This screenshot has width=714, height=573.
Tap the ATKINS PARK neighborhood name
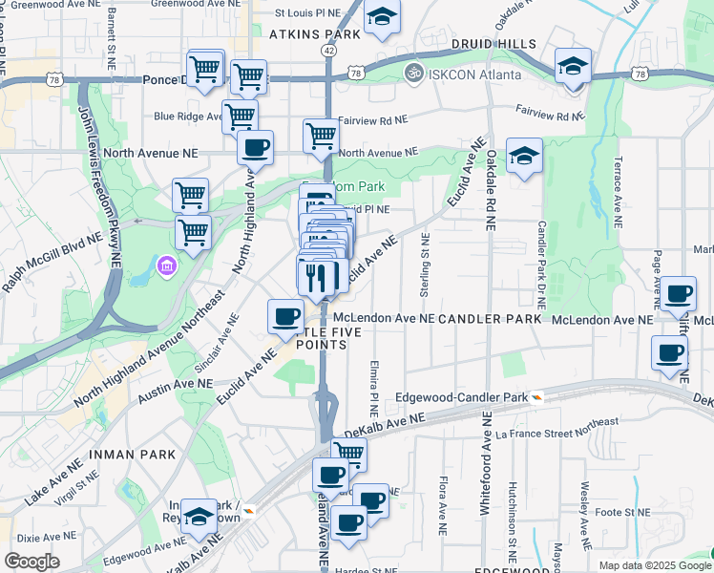click(x=314, y=33)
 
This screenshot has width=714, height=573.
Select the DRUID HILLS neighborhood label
click(x=497, y=44)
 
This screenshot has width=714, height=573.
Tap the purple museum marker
click(x=168, y=265)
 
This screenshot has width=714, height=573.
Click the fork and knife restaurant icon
click(x=318, y=277)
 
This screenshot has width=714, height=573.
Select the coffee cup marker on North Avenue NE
click(x=255, y=148)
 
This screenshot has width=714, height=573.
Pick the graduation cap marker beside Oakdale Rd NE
click(x=524, y=156)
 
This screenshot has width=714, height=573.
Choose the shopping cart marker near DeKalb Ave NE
click(x=349, y=455)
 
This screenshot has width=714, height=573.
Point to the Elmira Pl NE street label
click(x=374, y=381)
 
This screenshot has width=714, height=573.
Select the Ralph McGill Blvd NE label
click(x=52, y=264)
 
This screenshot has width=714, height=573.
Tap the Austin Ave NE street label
click(x=176, y=389)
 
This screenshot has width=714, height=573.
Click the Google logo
click(x=31, y=561)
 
